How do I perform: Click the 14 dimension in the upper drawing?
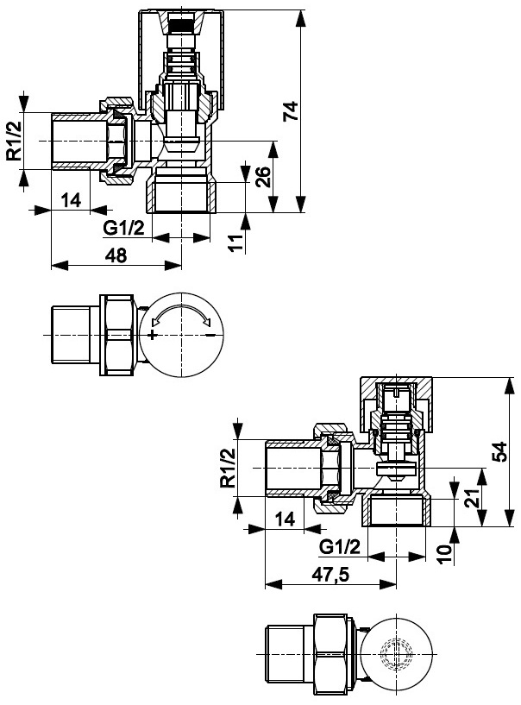(x=71, y=200)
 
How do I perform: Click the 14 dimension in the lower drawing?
(x=285, y=519)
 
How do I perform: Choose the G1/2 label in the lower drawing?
(x=339, y=547)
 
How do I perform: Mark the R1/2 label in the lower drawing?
(x=228, y=467)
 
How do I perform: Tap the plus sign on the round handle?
(x=152, y=335)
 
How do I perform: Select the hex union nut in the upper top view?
(x=119, y=335)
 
